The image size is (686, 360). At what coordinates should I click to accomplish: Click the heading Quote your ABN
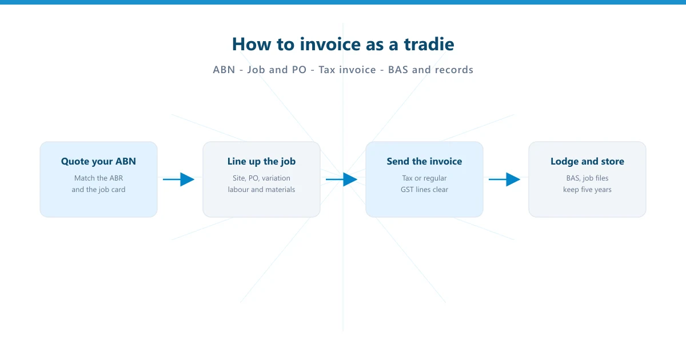coord(98,162)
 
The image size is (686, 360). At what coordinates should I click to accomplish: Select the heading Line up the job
coord(261,162)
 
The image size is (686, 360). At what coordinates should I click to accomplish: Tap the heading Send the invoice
coord(424,162)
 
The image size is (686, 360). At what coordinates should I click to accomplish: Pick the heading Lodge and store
coord(587,162)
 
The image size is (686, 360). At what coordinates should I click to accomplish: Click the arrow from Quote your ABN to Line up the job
coord(179,179)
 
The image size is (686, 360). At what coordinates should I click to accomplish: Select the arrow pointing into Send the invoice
coord(342,179)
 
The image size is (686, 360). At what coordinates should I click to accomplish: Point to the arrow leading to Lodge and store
coord(505,179)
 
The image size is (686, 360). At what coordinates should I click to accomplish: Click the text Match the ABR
coord(98,178)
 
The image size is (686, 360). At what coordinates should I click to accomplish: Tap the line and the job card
coord(98,190)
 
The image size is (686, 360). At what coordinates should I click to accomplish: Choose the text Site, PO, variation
coord(261,178)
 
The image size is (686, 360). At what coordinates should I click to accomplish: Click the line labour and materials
coord(261,190)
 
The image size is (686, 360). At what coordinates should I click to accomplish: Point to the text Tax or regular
coord(424,178)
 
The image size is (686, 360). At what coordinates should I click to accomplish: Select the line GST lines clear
coord(424,190)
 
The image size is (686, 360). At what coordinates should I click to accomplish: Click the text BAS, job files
coord(587,178)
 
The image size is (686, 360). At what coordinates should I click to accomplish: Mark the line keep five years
coord(587,190)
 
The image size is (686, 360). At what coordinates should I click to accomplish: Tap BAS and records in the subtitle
coord(430,70)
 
